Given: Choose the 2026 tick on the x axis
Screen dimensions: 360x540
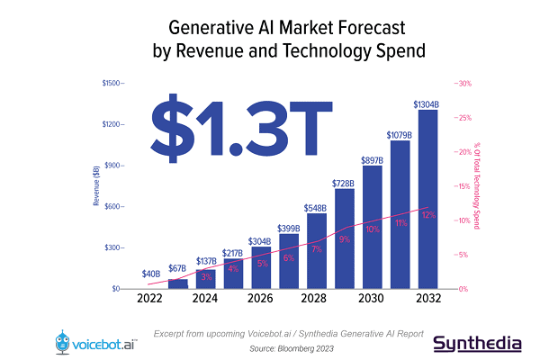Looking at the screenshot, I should coord(261,299).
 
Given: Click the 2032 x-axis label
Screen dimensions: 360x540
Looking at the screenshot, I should coord(427,299).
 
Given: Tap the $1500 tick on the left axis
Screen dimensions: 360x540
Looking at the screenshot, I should coord(114,84).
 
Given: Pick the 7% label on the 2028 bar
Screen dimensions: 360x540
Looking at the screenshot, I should coord(317,249).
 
